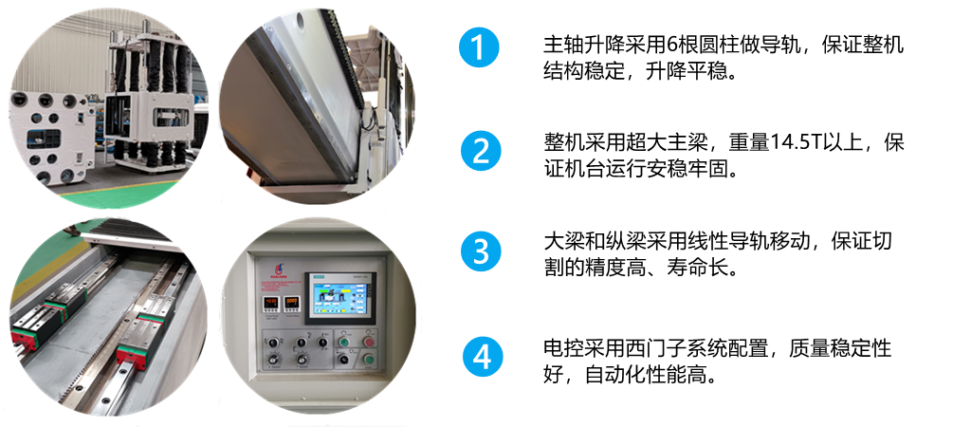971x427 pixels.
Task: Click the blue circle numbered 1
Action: tap(479, 47)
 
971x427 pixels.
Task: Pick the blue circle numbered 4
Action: tap(483, 358)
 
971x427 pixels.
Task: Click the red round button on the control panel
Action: tap(369, 343)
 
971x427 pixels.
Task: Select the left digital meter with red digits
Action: tap(270, 303)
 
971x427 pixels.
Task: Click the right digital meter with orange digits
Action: tap(292, 303)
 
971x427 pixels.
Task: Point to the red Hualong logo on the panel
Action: tap(277, 267)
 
